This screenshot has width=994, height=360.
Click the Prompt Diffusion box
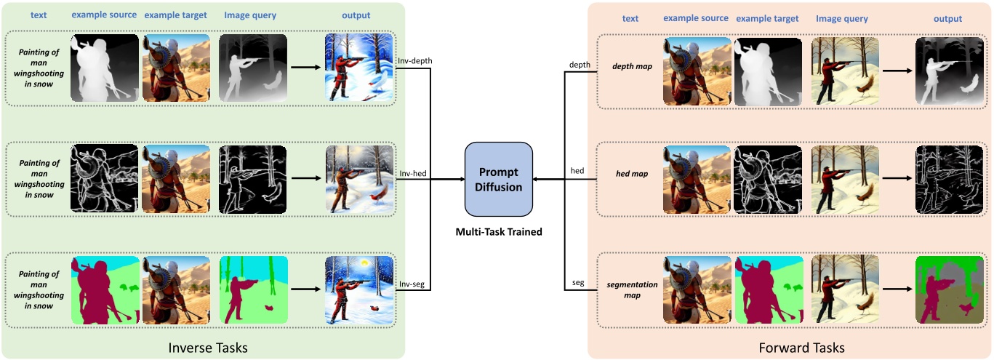click(498, 178)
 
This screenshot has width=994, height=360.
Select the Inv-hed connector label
click(412, 172)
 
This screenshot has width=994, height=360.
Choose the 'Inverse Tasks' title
click(208, 348)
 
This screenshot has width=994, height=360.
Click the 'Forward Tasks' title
click(802, 348)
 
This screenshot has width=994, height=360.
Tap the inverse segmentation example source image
click(104, 289)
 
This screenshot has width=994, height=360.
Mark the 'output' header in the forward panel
click(948, 19)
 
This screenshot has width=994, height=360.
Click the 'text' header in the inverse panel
click(39, 15)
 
